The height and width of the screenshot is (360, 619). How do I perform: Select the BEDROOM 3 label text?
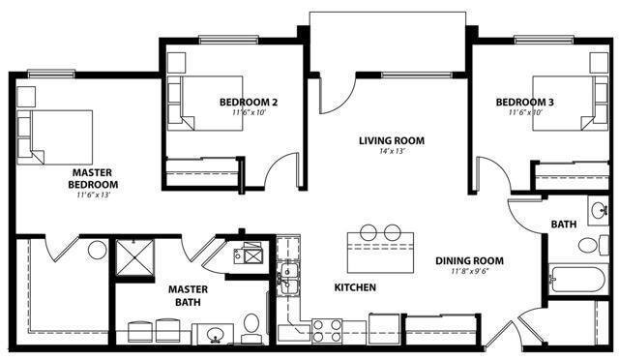click(525, 103)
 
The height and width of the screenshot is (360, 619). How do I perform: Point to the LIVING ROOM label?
click(392, 140)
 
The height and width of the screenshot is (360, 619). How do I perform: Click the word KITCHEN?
click(355, 288)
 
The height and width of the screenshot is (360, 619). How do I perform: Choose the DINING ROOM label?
click(468, 260)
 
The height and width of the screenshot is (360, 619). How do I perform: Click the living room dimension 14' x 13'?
click(392, 152)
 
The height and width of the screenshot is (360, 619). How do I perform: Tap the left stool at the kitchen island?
click(368, 232)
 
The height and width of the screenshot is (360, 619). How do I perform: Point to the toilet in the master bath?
click(251, 325)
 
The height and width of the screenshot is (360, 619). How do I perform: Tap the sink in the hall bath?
click(599, 210)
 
